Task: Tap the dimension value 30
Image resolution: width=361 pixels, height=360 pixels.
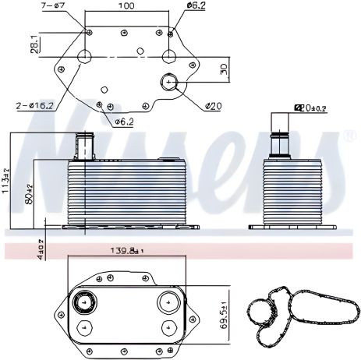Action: pyautogui.click(x=223, y=70)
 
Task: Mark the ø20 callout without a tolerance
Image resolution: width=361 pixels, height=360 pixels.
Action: pyautogui.click(x=212, y=105)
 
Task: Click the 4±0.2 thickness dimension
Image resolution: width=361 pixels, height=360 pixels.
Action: pyautogui.click(x=41, y=250)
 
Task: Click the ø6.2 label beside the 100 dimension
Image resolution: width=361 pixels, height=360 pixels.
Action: pyautogui.click(x=196, y=6)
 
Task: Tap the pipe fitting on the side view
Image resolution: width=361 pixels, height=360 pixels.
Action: pyautogui.click(x=279, y=138)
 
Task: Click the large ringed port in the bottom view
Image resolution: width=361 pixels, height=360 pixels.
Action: pyautogui.click(x=81, y=302)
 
